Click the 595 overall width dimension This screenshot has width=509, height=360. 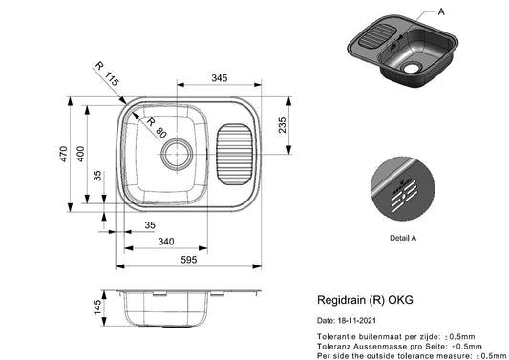pos(189,260)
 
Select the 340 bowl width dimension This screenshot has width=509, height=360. pos(166,242)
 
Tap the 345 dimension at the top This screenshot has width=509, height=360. pos(220,78)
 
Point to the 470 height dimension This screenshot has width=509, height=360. pos(63,154)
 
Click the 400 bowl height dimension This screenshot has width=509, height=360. pos(80,154)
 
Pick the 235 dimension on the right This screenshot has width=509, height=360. pos(282,125)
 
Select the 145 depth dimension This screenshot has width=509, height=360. pos(97,307)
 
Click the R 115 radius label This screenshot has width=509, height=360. pos(108,74)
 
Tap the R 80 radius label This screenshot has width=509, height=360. pos(158,128)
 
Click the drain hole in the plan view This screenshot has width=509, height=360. pos(177,154)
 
